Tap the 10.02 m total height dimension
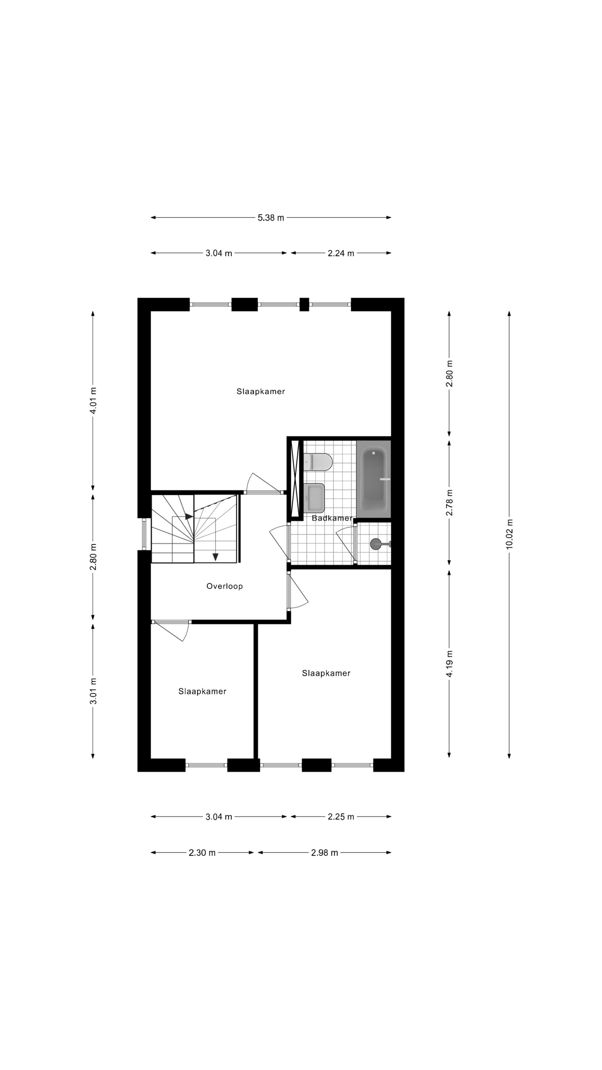509,534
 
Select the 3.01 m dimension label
93,691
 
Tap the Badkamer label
332,518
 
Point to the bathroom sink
314,498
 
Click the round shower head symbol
376,544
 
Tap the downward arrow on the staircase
215,557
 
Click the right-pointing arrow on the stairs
189,516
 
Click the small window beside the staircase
144,534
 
